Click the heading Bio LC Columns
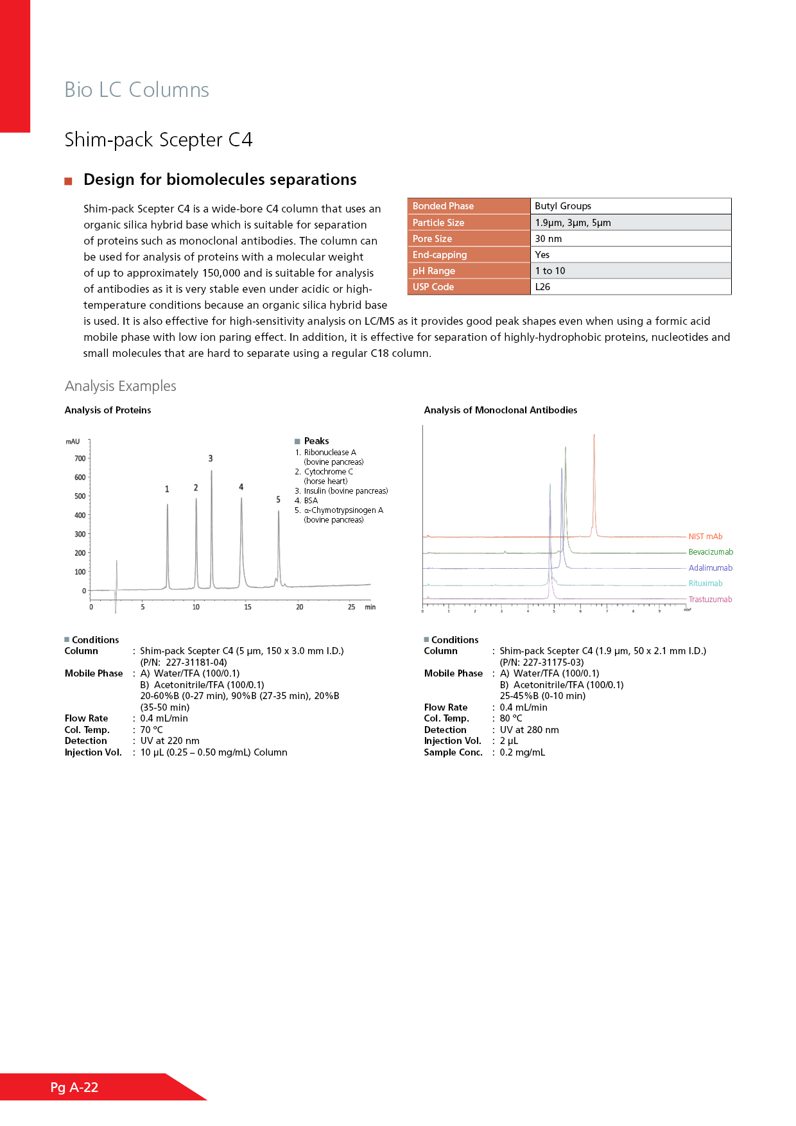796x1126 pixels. (137, 90)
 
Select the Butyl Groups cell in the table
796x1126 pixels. (563, 206)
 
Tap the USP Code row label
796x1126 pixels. (433, 287)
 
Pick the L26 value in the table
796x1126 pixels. (542, 287)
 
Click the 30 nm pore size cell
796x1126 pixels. (548, 239)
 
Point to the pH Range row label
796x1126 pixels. (434, 271)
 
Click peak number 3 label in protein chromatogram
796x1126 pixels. (211, 458)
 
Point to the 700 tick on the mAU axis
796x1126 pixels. (80, 458)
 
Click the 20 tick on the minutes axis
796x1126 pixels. (300, 607)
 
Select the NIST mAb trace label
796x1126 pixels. (705, 537)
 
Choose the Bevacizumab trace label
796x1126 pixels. (711, 552)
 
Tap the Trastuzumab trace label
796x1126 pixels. (710, 600)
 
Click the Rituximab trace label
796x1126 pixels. (705, 584)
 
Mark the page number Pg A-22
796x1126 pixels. (74, 1087)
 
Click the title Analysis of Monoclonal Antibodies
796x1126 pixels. (501, 410)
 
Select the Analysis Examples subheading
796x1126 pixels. (121, 386)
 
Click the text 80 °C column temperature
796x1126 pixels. (511, 718)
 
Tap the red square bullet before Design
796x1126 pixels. (68, 181)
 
